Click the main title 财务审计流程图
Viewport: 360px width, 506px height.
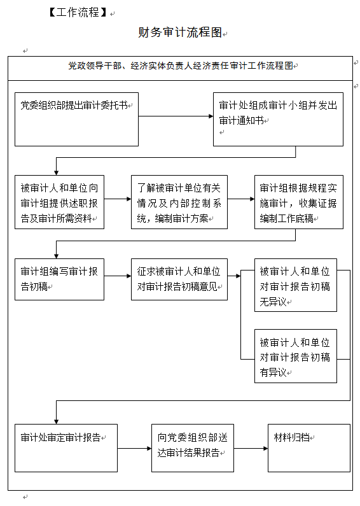coord(180,32)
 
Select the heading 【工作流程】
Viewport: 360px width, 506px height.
coord(78,12)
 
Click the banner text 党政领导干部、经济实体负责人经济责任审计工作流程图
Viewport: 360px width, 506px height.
coord(181,66)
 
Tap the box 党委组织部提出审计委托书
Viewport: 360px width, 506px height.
coord(76,120)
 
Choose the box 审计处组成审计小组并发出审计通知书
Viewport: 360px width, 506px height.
coord(278,120)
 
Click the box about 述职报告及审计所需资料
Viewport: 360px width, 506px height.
coord(59,202)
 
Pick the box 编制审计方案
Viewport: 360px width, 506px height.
coord(179,202)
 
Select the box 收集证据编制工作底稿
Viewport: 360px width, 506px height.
coord(299,202)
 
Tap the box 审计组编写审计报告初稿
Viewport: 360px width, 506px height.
coord(59,279)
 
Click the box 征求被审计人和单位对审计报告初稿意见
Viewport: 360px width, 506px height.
coord(179,279)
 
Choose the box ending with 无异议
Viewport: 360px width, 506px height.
coord(296,285)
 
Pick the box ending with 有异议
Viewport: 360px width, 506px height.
coord(296,356)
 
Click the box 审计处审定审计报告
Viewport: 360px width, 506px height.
coord(66,448)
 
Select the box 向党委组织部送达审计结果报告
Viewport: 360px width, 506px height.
coord(193,448)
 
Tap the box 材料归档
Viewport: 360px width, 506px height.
coord(309,448)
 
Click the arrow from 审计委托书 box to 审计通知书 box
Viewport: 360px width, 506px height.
coord(176,116)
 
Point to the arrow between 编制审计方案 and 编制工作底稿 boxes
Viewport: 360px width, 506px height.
coord(241,199)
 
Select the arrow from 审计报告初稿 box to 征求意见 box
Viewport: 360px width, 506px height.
coord(118,276)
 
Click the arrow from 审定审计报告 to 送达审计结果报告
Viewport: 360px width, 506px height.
coord(134,448)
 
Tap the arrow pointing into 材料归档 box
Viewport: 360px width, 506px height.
coord(251,448)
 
